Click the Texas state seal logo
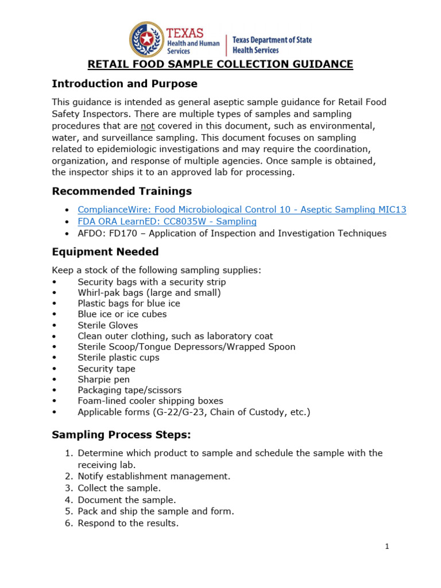click(x=146, y=39)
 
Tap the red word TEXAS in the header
click(x=185, y=33)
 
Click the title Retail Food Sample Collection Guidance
click(x=220, y=64)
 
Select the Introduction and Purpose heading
click(x=125, y=84)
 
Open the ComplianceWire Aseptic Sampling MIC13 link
click(x=242, y=210)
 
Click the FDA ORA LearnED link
click(x=167, y=222)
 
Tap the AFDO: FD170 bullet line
click(x=232, y=233)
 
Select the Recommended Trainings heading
click(x=122, y=191)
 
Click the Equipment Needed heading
click(x=105, y=252)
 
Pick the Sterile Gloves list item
click(x=108, y=326)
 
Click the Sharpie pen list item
click(x=104, y=380)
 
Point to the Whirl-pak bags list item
click(x=149, y=293)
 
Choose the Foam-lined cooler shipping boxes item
click(x=150, y=401)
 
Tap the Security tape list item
click(x=107, y=369)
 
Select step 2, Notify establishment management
click(x=154, y=476)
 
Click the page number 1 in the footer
click(x=388, y=547)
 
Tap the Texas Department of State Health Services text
click(x=272, y=45)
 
